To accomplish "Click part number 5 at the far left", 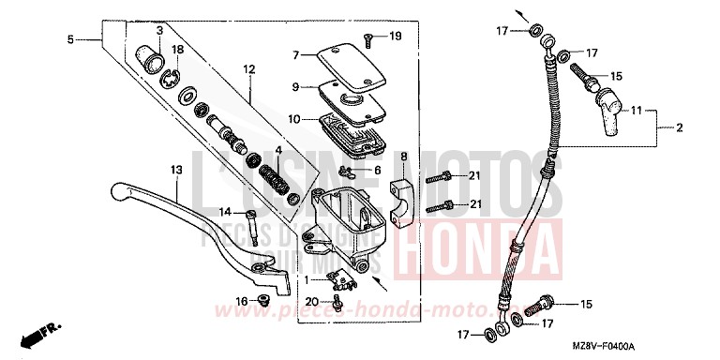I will pyautogui.click(x=70, y=39).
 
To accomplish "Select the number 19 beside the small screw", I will pyautogui.click(x=395, y=37).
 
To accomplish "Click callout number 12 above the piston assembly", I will pyautogui.click(x=248, y=68).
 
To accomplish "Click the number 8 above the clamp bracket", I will pyautogui.click(x=403, y=157).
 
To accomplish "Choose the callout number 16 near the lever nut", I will pyautogui.click(x=241, y=300).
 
